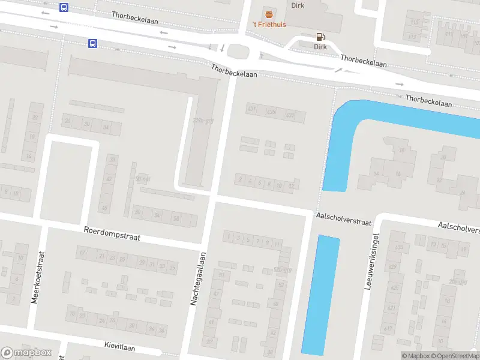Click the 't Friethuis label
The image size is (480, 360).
(268, 25)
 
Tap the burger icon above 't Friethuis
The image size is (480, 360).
(268, 13)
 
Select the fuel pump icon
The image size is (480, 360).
(320, 36)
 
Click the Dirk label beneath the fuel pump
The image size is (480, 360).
(320, 46)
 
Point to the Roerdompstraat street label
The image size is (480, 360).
(112, 233)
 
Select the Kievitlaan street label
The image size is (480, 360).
(119, 347)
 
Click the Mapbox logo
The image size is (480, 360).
(26, 353)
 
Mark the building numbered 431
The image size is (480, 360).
(252, 109)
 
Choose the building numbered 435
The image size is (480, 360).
(271, 112)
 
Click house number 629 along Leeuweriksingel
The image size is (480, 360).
(393, 266)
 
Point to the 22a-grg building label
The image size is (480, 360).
(203, 120)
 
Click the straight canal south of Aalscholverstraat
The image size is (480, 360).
(320, 294)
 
